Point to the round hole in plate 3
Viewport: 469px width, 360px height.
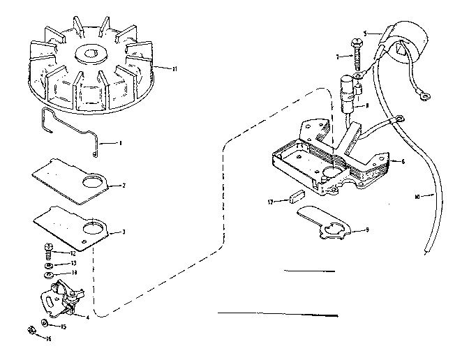coord(92,230)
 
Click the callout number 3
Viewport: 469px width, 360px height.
coord(124,232)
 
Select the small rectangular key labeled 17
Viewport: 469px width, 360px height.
coord(295,199)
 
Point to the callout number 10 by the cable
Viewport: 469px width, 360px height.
coord(417,197)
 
